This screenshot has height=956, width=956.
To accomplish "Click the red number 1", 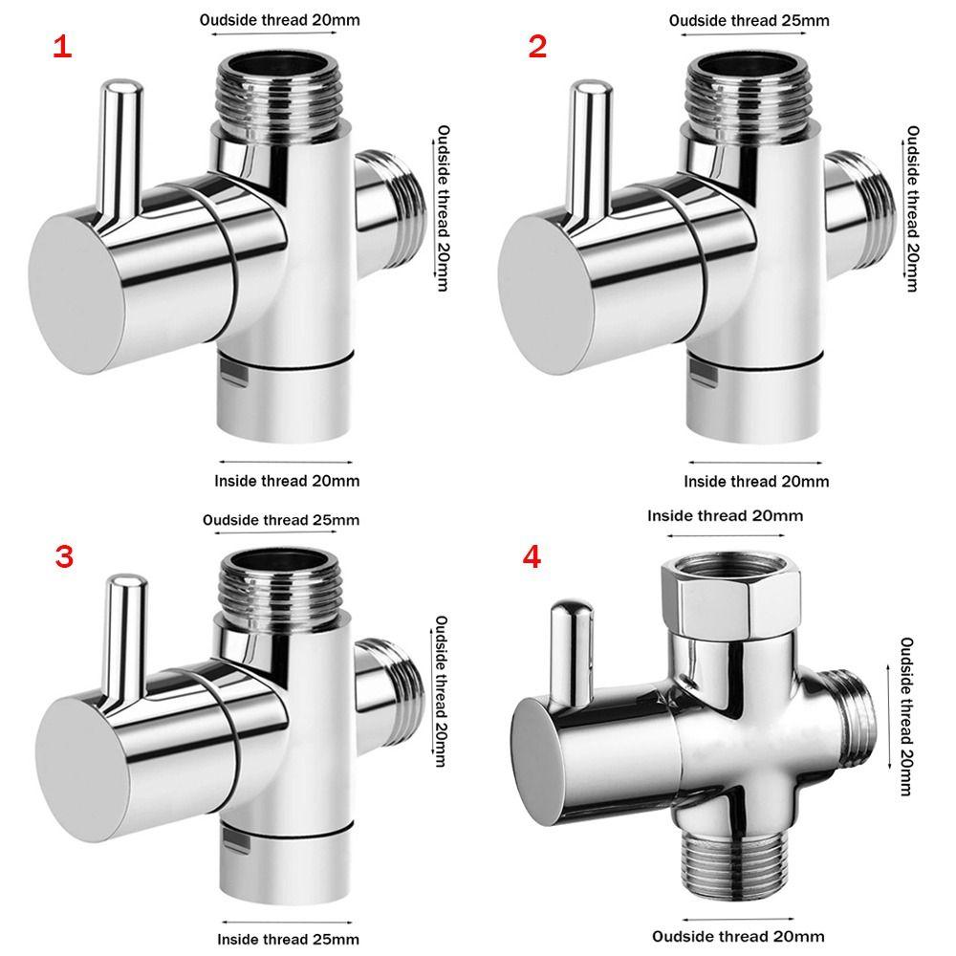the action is [x=62, y=47].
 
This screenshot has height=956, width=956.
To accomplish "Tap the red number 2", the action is [x=537, y=47].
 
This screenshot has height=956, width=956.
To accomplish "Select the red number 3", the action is [x=64, y=556].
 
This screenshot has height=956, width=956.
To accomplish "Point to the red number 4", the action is [x=532, y=556].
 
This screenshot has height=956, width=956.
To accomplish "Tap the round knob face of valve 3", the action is [x=82, y=770].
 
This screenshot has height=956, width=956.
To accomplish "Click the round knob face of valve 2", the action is [x=546, y=292].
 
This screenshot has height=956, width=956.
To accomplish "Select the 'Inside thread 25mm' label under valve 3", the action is [x=288, y=939].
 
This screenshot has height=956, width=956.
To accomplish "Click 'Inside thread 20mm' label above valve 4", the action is [x=725, y=516].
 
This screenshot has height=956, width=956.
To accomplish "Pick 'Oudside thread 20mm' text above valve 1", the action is [x=280, y=20].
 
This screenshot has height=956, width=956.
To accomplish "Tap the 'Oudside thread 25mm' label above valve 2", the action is [x=750, y=21].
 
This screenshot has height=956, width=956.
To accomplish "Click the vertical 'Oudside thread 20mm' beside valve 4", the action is [x=906, y=717].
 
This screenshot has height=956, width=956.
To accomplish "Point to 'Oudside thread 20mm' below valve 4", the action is [x=738, y=937].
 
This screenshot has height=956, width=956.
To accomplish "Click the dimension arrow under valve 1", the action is [x=286, y=462].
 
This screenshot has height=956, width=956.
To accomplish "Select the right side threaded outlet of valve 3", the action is [x=390, y=701].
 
